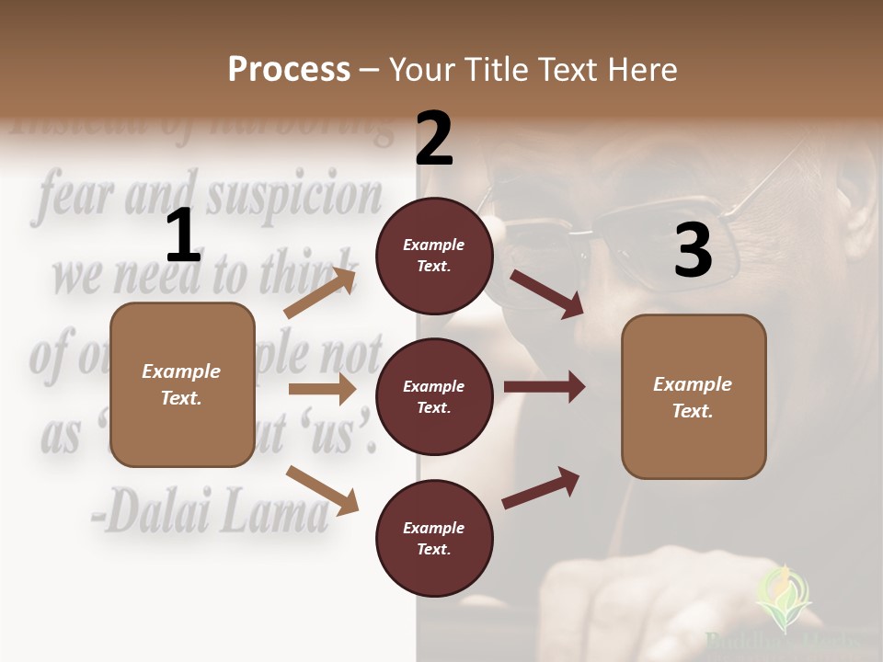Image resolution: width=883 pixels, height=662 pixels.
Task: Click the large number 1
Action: [183, 236]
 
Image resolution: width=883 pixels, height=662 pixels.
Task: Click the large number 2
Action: [434, 139]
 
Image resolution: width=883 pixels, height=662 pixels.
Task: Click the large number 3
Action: [693, 251]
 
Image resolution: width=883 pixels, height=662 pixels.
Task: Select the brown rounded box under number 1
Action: [182, 384]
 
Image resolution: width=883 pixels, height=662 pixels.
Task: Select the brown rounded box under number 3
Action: [694, 396]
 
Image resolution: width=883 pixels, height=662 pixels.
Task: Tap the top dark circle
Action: [434, 256]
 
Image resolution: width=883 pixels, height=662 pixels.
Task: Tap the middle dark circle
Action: [434, 396]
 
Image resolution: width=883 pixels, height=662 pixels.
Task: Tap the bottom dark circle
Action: [434, 538]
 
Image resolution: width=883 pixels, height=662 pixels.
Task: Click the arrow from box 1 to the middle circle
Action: [322, 389]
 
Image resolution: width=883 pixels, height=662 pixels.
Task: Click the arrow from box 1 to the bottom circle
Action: [322, 489]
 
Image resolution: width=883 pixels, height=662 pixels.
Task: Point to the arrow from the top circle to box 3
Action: [547, 293]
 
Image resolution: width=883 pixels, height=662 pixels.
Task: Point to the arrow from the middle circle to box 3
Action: [545, 387]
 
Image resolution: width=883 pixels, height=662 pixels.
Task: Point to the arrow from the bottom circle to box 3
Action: [542, 487]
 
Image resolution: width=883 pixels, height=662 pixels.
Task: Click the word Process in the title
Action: [289, 69]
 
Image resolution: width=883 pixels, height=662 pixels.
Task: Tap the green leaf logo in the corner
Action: [783, 597]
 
